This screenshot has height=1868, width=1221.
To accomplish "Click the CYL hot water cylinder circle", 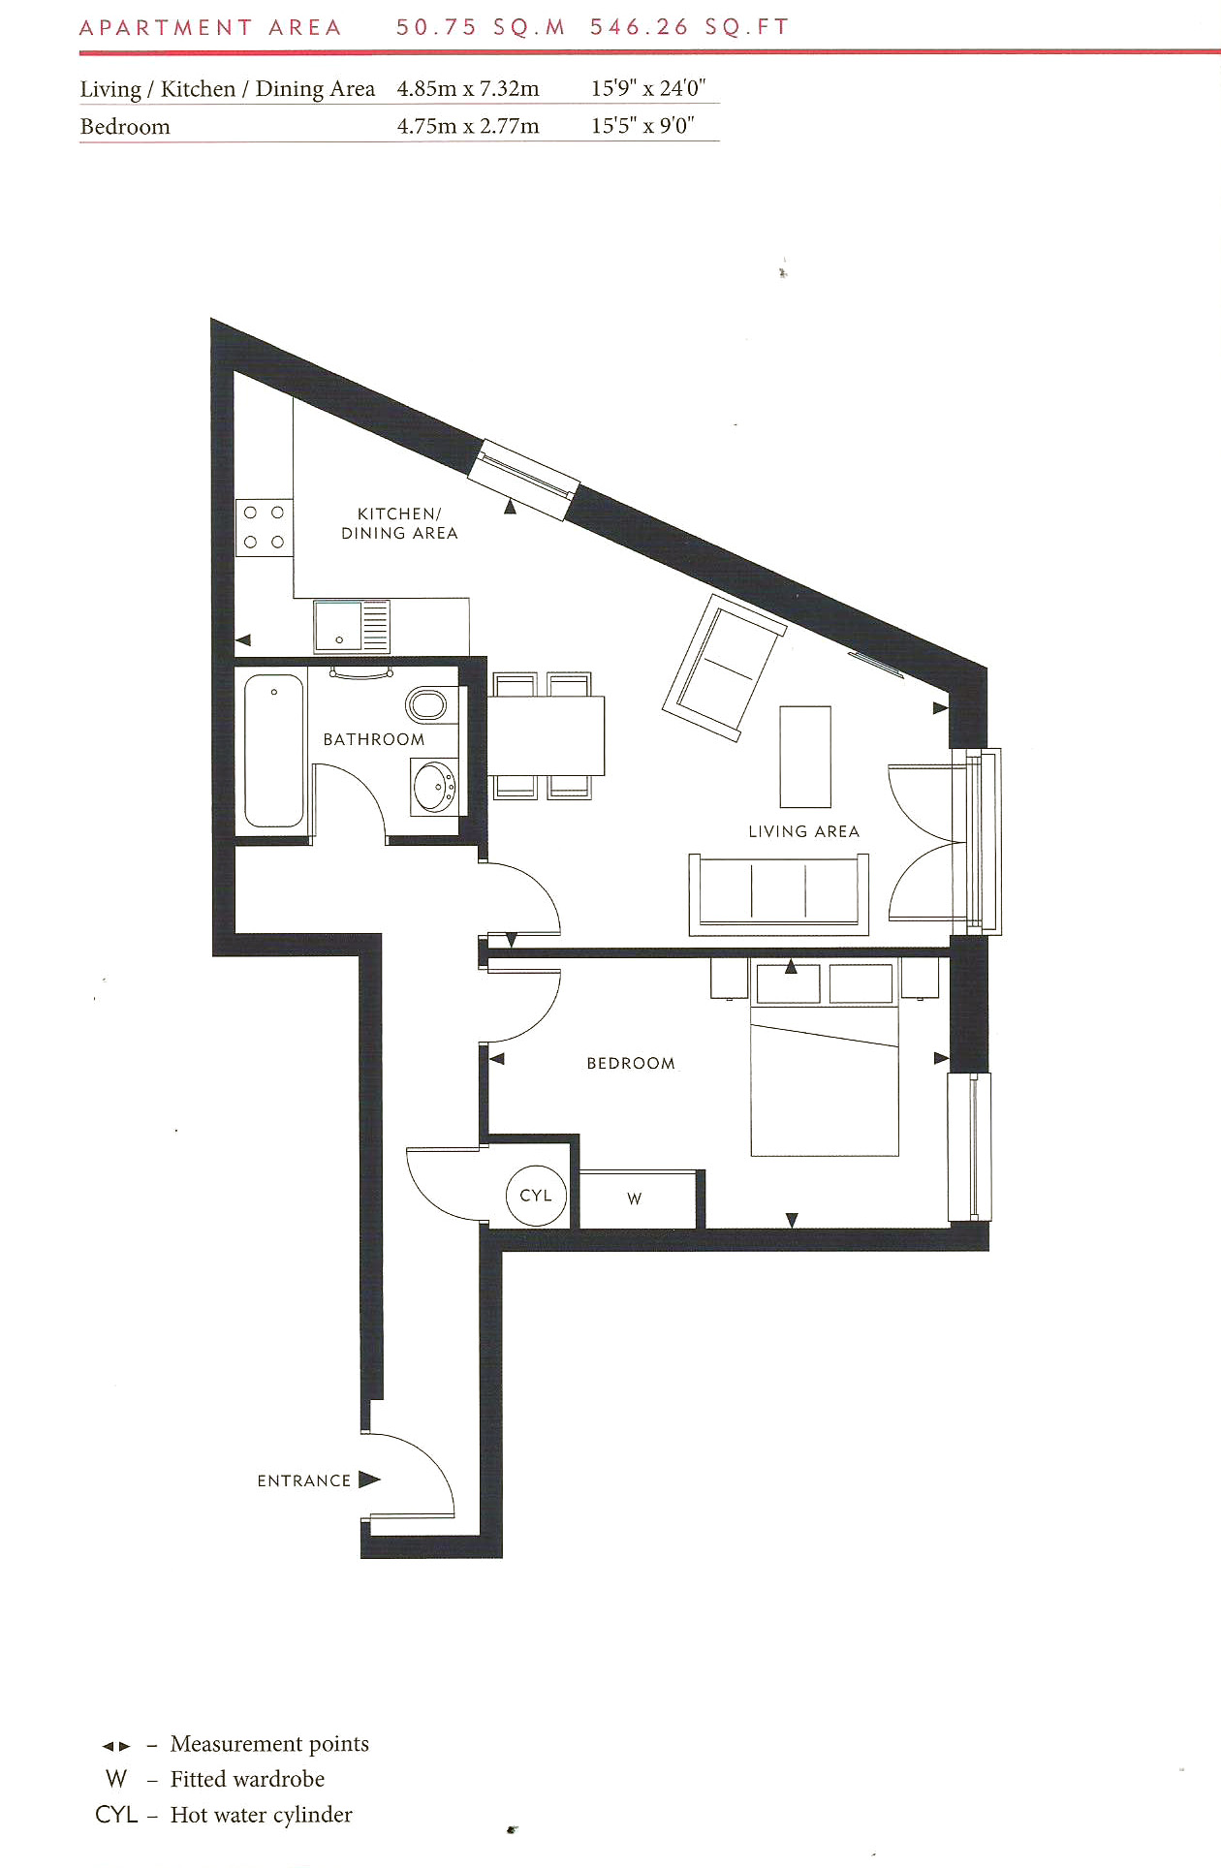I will point(536,1196).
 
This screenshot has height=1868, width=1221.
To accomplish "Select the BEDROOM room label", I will point(631,1063).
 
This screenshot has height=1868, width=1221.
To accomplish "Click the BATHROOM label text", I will point(374,739).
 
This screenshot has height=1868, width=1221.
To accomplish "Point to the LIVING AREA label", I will point(803,831).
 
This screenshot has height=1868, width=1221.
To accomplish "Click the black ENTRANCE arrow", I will point(369,1479).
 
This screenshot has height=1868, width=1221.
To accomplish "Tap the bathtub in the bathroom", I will point(274,751).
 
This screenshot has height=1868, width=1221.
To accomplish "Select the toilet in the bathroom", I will point(426,704).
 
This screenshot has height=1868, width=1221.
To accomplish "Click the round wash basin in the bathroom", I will point(434,786).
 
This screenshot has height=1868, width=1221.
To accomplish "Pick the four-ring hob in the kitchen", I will point(264,527).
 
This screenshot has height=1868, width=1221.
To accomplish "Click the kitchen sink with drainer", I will point(351,626).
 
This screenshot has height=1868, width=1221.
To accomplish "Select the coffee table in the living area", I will point(805,757).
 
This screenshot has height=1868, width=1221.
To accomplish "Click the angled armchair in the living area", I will point(723,668).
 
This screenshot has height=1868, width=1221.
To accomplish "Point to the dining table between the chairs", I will point(545,735).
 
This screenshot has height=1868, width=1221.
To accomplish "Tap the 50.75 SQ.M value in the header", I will point(481,27).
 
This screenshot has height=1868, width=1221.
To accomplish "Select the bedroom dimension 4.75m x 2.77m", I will point(468,126).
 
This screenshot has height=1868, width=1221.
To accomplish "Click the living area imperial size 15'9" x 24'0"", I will point(648,88).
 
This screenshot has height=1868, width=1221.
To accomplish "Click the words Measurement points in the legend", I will point(269,1744).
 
